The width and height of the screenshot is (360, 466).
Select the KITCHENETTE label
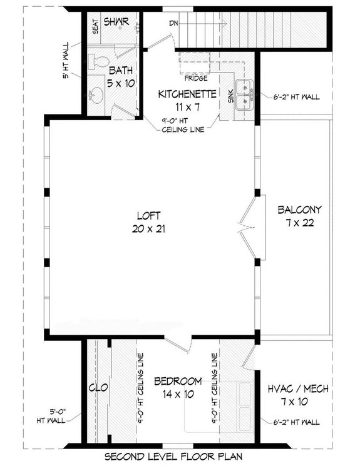(x=187, y=94)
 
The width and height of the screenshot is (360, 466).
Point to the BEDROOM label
(x=178, y=381)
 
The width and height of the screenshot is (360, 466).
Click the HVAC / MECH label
(x=298, y=388)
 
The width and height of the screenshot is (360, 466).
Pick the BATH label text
(x=119, y=70)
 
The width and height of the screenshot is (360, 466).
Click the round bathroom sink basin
(x=97, y=94)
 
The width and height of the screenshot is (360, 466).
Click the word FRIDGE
(x=195, y=79)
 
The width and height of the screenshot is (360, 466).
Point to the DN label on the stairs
(x=173, y=23)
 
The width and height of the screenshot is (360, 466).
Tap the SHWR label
(x=116, y=22)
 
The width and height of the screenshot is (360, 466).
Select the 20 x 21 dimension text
(x=152, y=228)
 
